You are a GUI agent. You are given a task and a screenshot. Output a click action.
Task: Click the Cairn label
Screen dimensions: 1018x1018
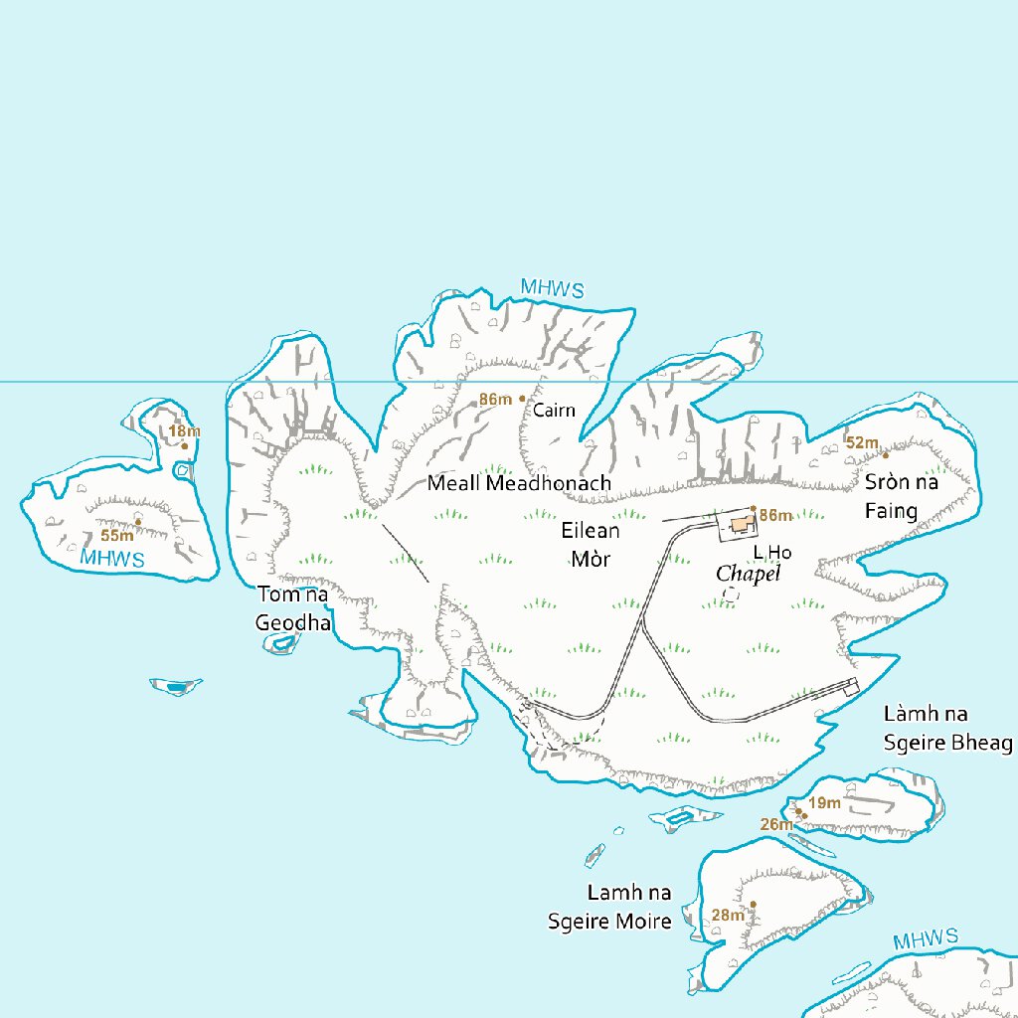(x=554, y=410)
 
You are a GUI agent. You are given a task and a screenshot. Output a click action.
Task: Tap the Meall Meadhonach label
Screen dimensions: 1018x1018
(x=519, y=483)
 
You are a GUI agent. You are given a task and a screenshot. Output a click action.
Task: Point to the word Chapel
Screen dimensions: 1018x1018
(x=749, y=575)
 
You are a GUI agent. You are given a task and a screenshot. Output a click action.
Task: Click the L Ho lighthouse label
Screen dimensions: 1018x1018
(x=771, y=552)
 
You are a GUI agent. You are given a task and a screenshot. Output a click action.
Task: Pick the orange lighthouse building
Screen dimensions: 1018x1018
(x=740, y=524)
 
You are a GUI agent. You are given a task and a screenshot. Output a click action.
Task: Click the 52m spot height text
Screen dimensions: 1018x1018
(x=862, y=442)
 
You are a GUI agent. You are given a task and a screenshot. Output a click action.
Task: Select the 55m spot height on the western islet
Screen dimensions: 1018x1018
(x=116, y=535)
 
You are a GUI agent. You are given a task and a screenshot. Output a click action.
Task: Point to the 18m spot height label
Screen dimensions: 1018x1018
(x=184, y=431)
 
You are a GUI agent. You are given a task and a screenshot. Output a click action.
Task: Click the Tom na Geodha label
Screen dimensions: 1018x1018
(x=292, y=608)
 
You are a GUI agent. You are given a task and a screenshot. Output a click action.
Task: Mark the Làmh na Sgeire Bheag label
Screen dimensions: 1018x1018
(x=947, y=729)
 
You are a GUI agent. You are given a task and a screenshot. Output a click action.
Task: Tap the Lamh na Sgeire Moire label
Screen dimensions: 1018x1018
(x=610, y=907)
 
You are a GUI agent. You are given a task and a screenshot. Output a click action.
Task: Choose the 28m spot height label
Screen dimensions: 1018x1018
(x=728, y=915)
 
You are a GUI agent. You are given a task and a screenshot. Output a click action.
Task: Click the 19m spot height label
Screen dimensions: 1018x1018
(x=825, y=803)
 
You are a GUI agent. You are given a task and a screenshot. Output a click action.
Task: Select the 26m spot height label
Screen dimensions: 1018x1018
(x=776, y=823)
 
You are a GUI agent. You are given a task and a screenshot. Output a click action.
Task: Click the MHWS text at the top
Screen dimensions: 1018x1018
(x=552, y=289)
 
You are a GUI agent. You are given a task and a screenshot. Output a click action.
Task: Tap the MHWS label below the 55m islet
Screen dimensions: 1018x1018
(x=112, y=559)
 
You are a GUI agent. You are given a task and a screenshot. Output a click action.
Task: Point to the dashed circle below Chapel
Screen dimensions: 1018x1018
(x=731, y=594)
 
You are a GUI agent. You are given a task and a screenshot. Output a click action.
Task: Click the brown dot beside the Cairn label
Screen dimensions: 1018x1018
(x=522, y=399)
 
